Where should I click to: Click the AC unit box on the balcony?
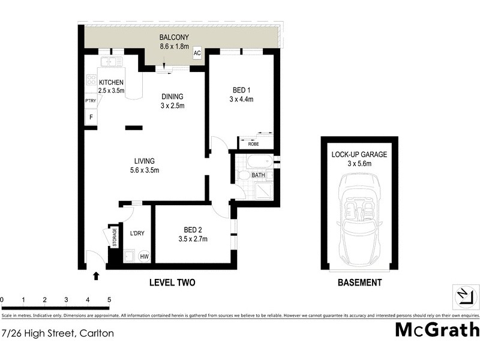(196, 53)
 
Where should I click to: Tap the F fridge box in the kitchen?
(91, 117)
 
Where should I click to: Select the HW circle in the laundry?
(144, 256)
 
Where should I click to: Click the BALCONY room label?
(174, 37)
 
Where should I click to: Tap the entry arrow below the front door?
(96, 276)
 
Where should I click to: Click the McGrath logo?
(437, 329)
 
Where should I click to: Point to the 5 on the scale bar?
(109, 299)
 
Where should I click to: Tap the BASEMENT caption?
(359, 283)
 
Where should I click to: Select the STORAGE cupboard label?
(113, 236)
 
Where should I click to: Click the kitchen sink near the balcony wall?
(111, 62)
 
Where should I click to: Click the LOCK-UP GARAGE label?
(359, 154)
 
